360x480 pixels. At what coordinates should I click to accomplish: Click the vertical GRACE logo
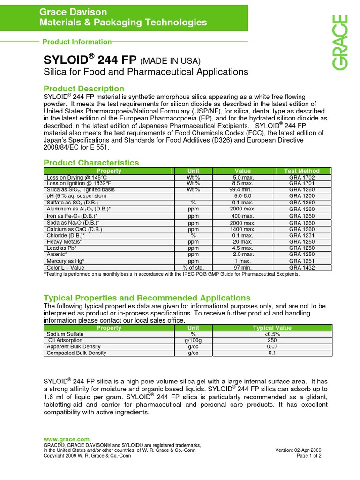341,43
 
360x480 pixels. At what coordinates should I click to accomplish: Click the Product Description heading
84,89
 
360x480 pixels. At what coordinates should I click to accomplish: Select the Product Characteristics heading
91,163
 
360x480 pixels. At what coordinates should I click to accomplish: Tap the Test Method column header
302,171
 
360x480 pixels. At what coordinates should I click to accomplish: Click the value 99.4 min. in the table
242,190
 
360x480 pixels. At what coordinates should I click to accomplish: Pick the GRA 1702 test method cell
302,178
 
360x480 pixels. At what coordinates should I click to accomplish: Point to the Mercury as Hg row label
66,261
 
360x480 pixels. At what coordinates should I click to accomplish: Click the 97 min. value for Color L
242,268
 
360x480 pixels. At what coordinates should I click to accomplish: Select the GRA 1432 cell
302,268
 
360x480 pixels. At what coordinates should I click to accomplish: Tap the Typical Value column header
272,328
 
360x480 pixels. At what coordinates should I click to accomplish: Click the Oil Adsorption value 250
272,340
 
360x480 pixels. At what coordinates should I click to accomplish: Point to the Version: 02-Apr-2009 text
299,450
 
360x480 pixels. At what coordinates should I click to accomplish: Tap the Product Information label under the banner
77,42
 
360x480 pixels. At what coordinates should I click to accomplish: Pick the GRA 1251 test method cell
302,261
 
